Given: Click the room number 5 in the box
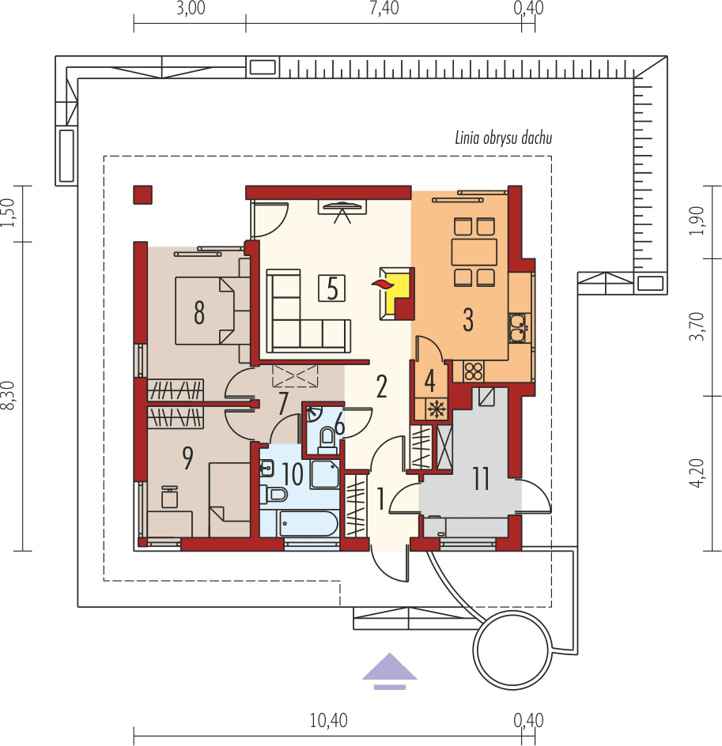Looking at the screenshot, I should [x=332, y=288].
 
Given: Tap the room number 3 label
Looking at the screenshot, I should [x=468, y=320].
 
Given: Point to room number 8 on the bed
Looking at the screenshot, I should [x=199, y=313].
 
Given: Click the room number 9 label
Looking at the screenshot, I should [x=187, y=458].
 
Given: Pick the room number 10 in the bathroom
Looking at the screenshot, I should [x=292, y=475].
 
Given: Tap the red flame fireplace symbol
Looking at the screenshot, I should [x=382, y=282].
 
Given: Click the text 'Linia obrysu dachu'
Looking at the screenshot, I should [x=503, y=138].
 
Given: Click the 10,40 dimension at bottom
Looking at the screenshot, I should [x=328, y=720].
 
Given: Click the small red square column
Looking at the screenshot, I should [x=142, y=194].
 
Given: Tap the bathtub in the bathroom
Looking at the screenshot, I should [x=309, y=523].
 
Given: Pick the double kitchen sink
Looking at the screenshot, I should [x=518, y=329].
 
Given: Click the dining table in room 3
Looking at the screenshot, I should [x=474, y=252].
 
